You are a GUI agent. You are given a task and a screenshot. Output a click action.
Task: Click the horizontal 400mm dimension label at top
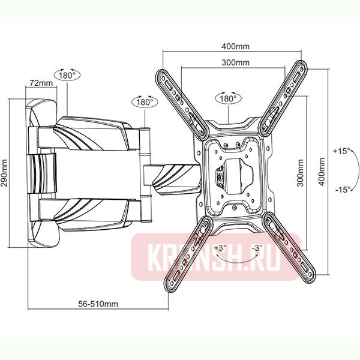[235, 46]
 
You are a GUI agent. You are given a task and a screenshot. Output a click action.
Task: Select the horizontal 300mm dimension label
[235, 63]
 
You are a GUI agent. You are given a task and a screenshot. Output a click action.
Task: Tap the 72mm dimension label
[42, 82]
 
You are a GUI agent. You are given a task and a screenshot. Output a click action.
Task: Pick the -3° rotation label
[256, 247]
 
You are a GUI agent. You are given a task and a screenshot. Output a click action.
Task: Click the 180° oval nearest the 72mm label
[68, 76]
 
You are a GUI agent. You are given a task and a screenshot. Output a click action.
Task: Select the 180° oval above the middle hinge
[144, 102]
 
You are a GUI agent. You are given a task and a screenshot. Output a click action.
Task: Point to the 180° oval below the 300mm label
[229, 98]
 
